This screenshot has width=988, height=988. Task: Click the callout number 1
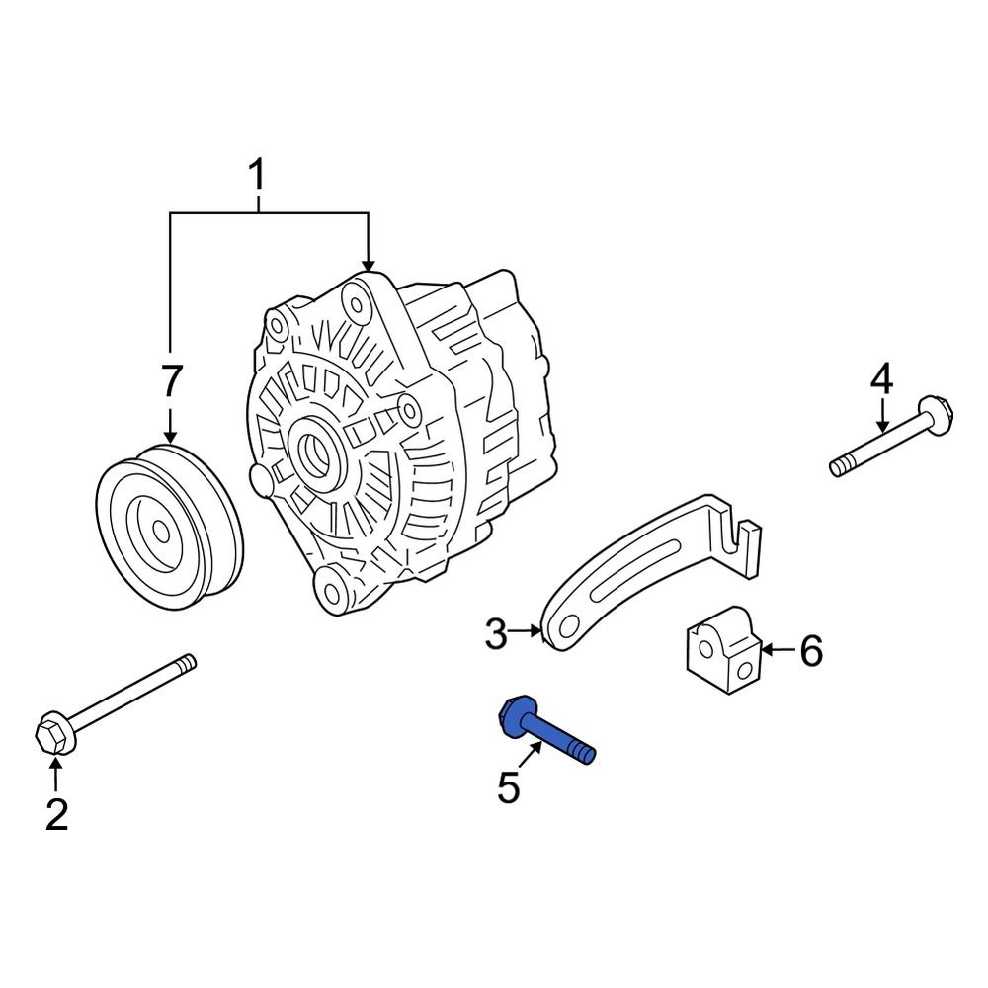coord(257,177)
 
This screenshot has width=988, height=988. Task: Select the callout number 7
coord(172,381)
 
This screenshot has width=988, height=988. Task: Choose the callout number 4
coord(881,377)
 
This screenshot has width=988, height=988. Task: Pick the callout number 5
coord(508,787)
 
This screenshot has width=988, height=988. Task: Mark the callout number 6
coord(810,651)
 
